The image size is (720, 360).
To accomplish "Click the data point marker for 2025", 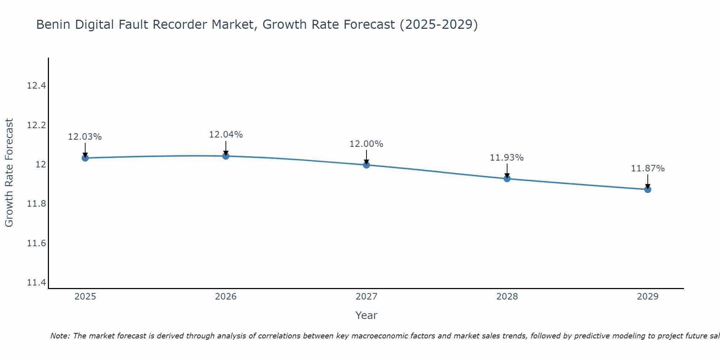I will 85,158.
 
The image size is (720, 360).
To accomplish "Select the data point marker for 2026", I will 226,156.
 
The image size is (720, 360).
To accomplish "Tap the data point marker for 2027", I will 366,165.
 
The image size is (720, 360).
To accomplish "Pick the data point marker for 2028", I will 507,179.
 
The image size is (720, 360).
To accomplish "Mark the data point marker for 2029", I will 648,189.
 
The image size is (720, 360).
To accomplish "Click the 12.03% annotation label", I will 85,137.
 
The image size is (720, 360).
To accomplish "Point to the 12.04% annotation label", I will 226,135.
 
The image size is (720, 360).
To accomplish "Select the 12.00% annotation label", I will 366,144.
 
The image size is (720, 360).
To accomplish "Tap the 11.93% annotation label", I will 507,158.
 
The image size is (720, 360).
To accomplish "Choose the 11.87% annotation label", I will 648,168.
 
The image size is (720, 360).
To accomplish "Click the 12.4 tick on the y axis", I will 37,86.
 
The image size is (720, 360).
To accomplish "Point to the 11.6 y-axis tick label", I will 37,243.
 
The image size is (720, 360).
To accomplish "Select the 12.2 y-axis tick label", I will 37,125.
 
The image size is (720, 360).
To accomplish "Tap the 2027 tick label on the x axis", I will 366,297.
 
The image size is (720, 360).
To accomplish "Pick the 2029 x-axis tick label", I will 648,297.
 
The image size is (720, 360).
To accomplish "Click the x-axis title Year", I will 366,315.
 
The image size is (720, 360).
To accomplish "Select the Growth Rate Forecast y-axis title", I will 9,173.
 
